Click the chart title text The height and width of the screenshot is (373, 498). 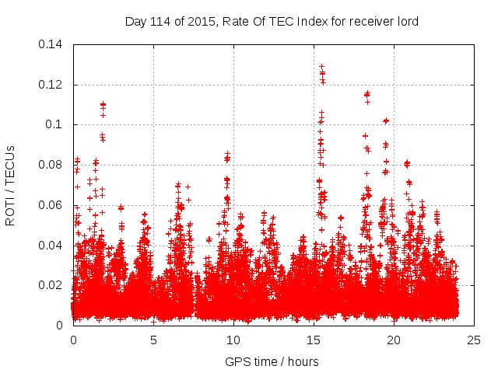point(272,21)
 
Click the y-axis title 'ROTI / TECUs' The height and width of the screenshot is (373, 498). point(11,185)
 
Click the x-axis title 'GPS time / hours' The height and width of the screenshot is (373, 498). point(272,361)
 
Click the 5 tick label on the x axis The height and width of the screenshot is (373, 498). point(153,340)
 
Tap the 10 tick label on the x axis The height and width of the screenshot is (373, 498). point(233,340)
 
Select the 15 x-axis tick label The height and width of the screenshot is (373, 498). point(314,340)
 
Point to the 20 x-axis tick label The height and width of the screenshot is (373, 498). point(394,340)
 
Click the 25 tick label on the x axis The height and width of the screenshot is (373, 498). point(474,340)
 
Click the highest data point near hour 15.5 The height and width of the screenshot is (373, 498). point(321,67)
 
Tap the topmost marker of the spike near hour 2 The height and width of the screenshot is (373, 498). point(103,103)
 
